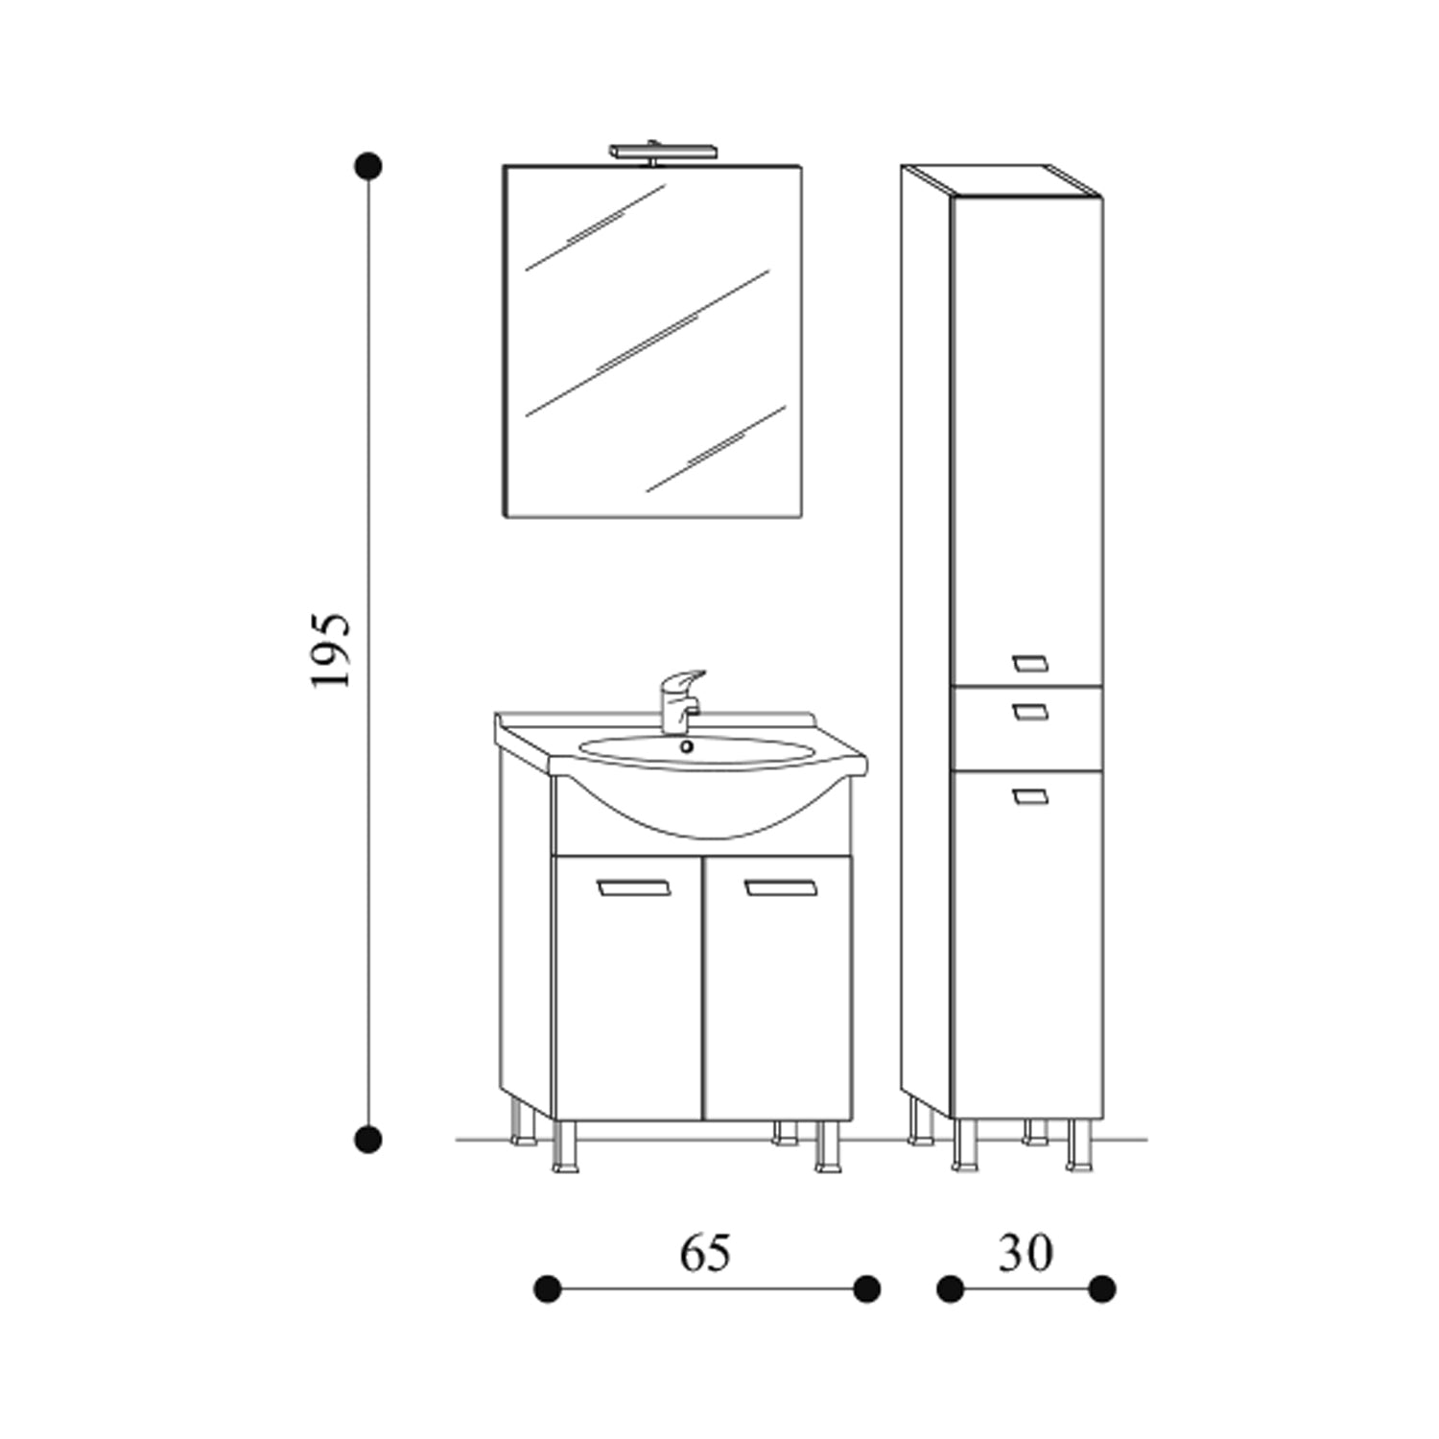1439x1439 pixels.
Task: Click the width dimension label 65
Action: point(705,1253)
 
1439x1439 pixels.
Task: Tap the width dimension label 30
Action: point(1025,1253)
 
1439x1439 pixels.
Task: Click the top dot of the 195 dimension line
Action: point(367,166)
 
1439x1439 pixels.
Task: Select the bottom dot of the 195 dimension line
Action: point(367,1140)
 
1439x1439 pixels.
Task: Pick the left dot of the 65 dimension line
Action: point(547,1288)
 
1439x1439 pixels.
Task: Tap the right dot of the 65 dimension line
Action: point(866,1288)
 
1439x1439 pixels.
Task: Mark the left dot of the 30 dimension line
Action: point(950,1288)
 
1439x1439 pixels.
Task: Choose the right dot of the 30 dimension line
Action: point(1101,1288)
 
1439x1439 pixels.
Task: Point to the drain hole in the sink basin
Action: point(686,746)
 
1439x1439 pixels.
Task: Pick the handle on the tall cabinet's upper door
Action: point(1030,662)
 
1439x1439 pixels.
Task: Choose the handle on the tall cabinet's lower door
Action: point(1030,794)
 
